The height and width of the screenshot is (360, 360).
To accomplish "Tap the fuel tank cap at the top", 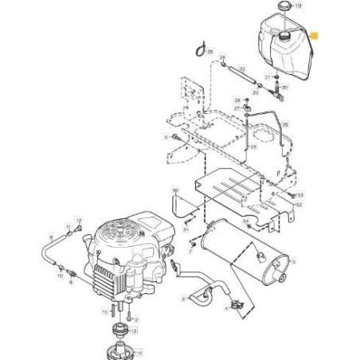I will [x=283, y=7].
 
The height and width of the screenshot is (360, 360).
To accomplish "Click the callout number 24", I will [x=223, y=57].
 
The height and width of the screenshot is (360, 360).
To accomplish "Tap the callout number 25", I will [x=285, y=126].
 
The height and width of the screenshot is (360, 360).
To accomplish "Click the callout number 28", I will [x=237, y=100].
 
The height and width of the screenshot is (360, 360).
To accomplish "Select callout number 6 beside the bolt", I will [x=166, y=137].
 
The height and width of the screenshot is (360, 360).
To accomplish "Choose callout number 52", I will [x=299, y=205].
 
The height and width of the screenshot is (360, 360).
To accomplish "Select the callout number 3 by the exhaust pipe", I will [x=183, y=299].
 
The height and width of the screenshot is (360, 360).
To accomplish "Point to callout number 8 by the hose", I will [x=52, y=237].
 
